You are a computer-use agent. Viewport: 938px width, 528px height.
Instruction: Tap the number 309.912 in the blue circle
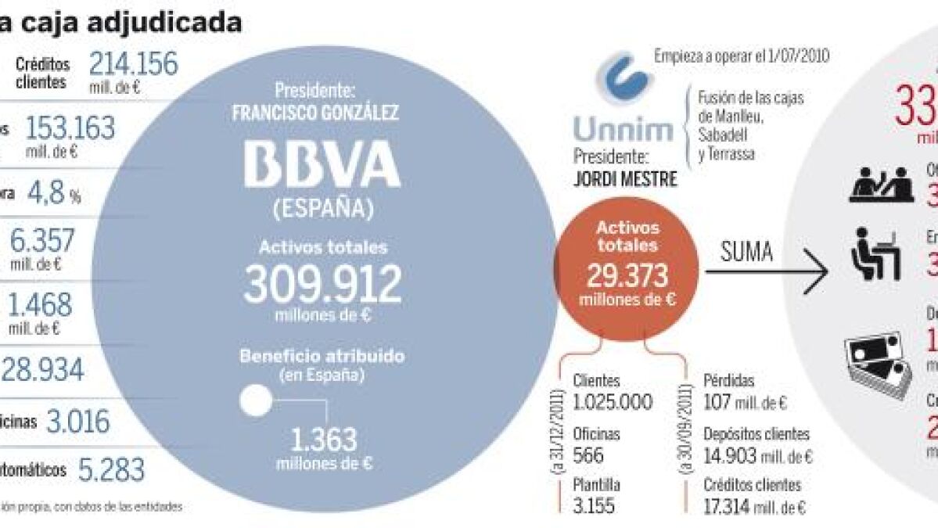pyautogui.click(x=322, y=285)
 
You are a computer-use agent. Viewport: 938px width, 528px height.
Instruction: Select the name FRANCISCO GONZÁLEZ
pyautogui.click(x=315, y=113)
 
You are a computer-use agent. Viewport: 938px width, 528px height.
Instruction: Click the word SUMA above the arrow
pyautogui.click(x=746, y=252)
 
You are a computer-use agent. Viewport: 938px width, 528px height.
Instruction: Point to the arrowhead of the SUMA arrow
pyautogui.click(x=819, y=273)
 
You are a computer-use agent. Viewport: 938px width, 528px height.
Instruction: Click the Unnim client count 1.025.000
pyautogui.click(x=613, y=401)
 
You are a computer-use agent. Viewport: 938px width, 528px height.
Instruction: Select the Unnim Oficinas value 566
pyautogui.click(x=588, y=454)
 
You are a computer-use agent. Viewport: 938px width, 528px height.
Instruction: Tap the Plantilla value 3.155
pyautogui.click(x=594, y=505)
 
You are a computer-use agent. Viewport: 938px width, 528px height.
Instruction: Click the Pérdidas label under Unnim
pyautogui.click(x=728, y=381)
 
